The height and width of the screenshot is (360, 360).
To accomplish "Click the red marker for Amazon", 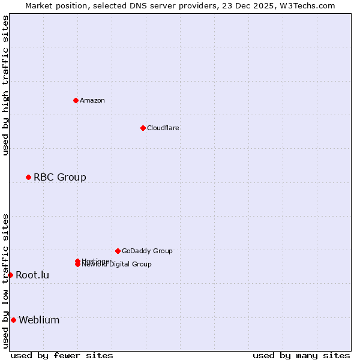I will coord(76,100).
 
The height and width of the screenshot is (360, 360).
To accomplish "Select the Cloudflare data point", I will coord(143,128).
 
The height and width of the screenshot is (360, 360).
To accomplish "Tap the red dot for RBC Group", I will coord(28,177).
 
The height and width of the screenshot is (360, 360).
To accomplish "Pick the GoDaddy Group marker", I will coord(118,251).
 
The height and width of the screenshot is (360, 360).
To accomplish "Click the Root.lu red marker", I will coord(10,275).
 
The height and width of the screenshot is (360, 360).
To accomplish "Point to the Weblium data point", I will coord(13,320).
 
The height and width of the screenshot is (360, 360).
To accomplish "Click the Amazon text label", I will coord(92,100).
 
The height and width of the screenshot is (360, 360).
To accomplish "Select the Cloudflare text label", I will coord(163,128).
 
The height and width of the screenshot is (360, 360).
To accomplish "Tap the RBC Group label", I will coord(60,177).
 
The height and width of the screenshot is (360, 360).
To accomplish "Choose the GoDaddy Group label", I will coord(147,251).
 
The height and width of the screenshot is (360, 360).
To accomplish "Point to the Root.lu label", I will coord(32,275).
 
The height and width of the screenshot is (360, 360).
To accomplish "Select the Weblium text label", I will coord(39,320).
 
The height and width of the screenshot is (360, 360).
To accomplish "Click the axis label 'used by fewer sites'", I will coord(62,355).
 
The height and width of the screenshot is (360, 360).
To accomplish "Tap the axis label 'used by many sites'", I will coord(301,355).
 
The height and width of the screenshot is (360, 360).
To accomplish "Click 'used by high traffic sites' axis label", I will coord(5,85).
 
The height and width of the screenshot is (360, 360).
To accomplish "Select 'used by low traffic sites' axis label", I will coord(5,280).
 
